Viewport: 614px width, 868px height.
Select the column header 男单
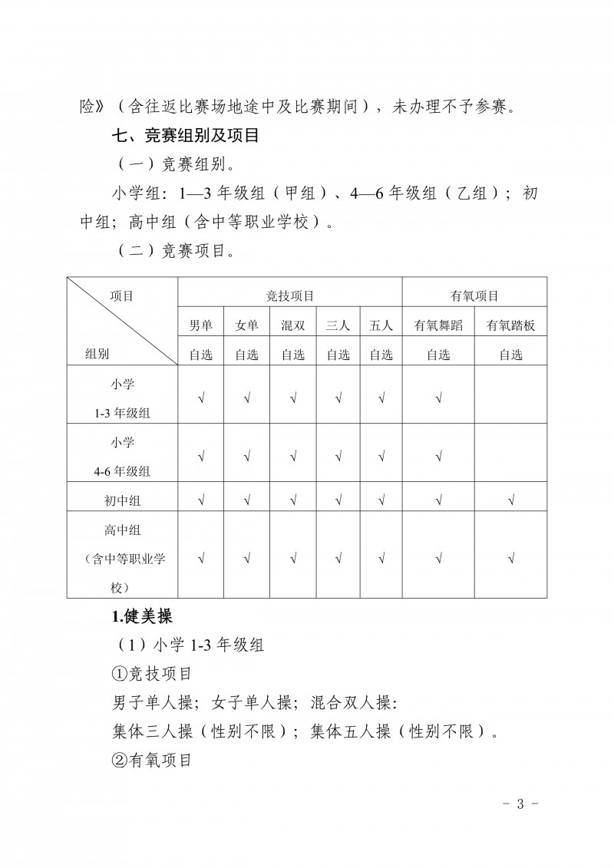(x=201, y=325)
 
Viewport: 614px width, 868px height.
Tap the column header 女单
(x=246, y=325)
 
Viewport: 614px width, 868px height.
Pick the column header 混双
(x=292, y=325)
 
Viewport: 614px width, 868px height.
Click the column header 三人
(x=338, y=325)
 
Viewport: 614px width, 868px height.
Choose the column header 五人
(x=381, y=325)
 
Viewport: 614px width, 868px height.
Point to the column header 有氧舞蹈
(x=438, y=325)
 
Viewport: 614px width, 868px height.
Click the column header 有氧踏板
(x=511, y=325)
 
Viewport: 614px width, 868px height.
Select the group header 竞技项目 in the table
(x=290, y=295)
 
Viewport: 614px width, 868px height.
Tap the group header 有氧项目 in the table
(x=474, y=295)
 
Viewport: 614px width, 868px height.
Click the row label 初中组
(x=123, y=501)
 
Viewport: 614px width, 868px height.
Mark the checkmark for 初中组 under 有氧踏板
(x=511, y=501)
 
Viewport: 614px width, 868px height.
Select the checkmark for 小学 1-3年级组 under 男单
(x=201, y=398)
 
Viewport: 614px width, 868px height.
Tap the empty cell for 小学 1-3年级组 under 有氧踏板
(x=511, y=398)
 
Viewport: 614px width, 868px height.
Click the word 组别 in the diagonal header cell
(x=97, y=355)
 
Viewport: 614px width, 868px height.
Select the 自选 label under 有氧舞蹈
(x=438, y=355)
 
